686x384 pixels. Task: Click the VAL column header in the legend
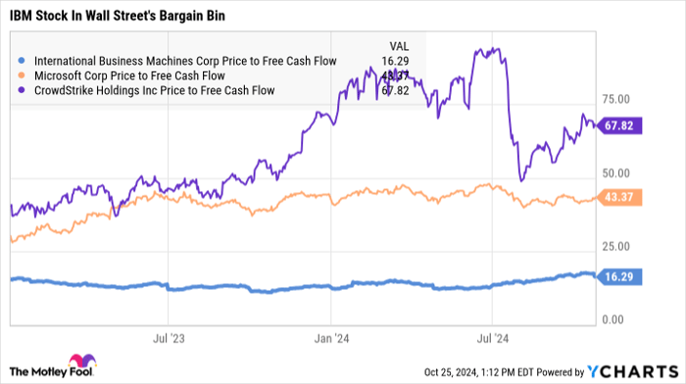pyautogui.click(x=400, y=45)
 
